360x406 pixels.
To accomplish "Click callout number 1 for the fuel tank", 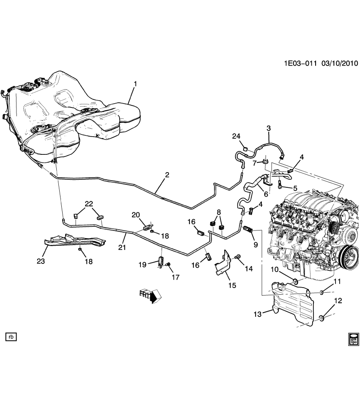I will click(x=135, y=84).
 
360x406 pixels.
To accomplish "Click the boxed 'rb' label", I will click(x=11, y=337).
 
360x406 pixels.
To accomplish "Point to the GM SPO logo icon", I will click(x=353, y=339).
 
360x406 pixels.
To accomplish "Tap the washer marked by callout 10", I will click(x=295, y=281).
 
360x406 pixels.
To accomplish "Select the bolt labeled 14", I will click(x=237, y=256).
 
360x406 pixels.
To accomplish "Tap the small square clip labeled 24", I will click(x=245, y=148).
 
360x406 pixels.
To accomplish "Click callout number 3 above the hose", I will click(x=268, y=128).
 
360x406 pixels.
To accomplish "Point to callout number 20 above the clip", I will click(x=135, y=215).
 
